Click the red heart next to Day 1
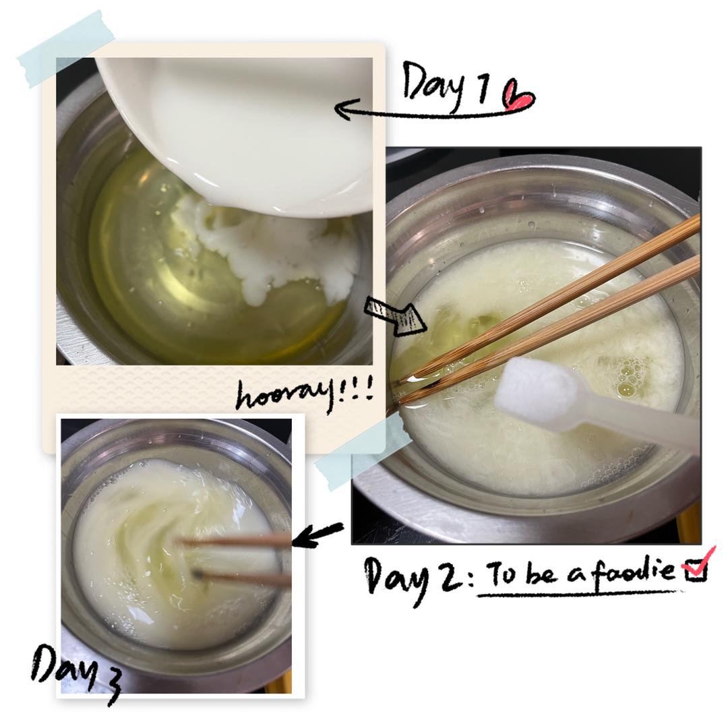(x=518, y=96)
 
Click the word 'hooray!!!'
(x=304, y=394)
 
